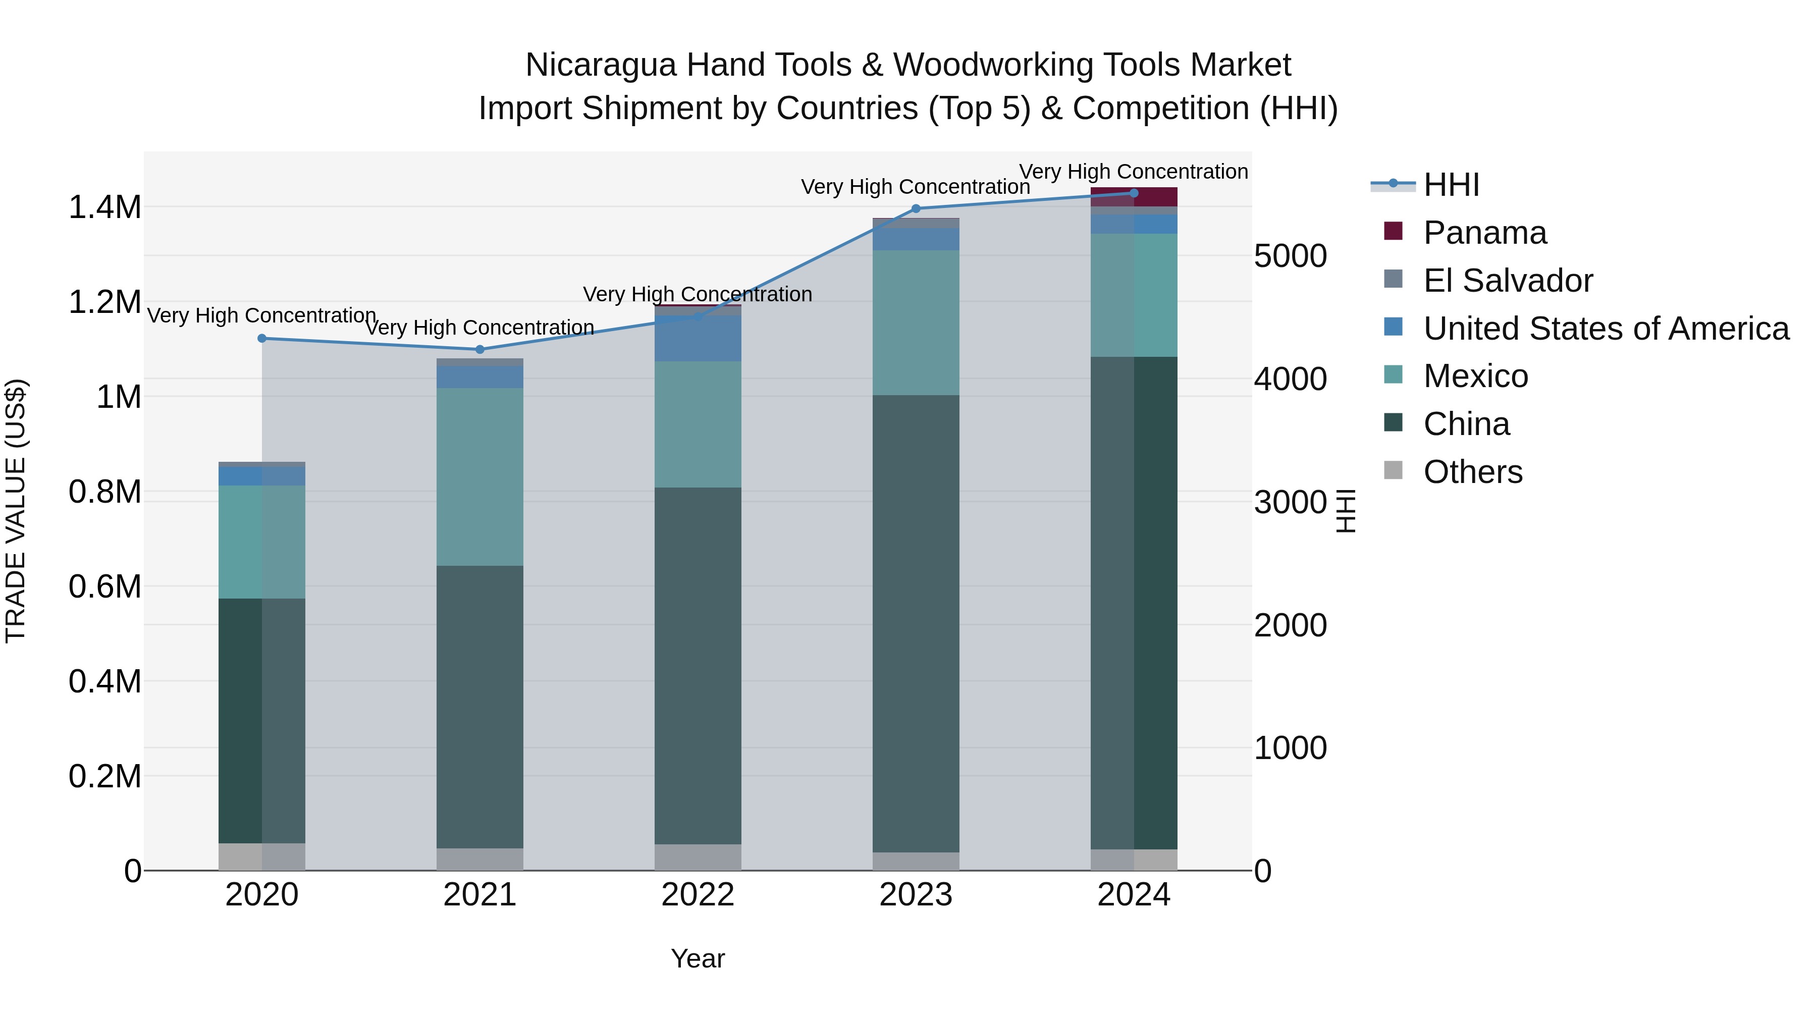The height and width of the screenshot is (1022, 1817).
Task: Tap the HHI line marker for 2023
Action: (x=916, y=209)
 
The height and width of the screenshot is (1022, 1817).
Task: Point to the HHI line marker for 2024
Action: (x=1134, y=193)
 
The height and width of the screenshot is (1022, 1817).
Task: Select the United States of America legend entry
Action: (x=1606, y=329)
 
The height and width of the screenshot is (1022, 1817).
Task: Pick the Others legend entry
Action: (x=1472, y=472)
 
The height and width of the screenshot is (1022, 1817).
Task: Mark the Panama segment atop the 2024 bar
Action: (x=1134, y=197)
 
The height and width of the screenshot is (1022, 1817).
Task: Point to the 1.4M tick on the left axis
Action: (x=104, y=207)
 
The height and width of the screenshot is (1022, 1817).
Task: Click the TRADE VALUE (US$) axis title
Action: (x=16, y=511)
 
